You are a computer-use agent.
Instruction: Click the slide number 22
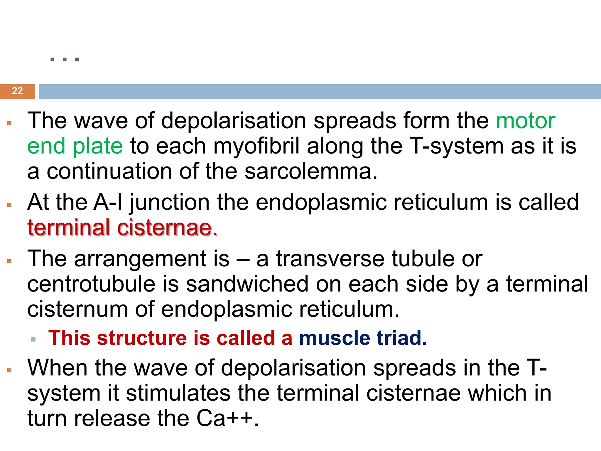(17, 91)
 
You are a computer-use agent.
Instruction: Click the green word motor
(526, 121)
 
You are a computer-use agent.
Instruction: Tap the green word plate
(98, 146)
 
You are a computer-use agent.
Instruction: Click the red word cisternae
(168, 228)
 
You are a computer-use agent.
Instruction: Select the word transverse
(330, 259)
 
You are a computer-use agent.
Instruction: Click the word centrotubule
(91, 284)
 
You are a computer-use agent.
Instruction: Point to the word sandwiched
(247, 284)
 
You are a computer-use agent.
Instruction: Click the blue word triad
(402, 338)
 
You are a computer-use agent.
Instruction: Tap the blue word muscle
(335, 338)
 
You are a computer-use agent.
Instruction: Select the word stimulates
(178, 393)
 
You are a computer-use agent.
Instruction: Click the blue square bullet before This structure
(33, 340)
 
